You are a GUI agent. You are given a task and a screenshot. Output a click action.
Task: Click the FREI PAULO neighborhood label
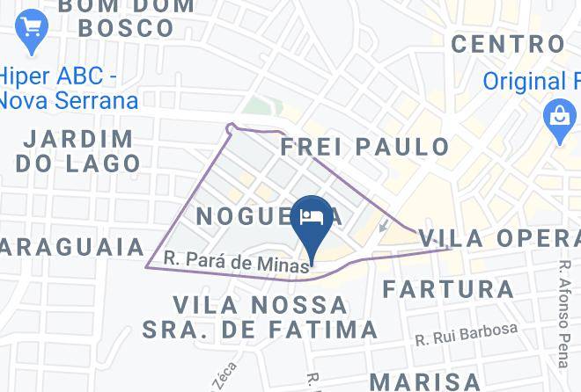pos(364,146)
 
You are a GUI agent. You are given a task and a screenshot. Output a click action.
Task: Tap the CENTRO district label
pos(508,43)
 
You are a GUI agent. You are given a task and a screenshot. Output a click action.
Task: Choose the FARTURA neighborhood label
pos(449,288)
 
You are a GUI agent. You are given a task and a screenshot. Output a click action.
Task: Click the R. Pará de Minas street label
pos(238,261)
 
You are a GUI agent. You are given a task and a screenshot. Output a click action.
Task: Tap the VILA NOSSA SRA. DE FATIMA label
pos(261,317)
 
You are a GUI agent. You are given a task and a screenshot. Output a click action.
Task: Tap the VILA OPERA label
pos(500,237)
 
